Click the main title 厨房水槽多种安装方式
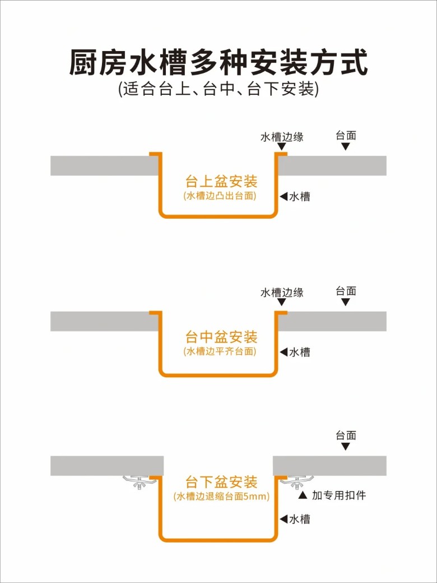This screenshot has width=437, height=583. coord(218,62)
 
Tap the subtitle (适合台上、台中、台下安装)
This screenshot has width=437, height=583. coord(218,90)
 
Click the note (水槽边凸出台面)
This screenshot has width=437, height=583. coord(219,196)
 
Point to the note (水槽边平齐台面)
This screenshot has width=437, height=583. coord(219,351)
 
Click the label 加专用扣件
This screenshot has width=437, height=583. coord(339,496)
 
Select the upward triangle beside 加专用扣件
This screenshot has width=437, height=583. coord(303,496)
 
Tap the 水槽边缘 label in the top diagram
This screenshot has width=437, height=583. coord(282,137)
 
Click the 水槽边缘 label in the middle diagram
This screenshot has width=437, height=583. coord(282,293)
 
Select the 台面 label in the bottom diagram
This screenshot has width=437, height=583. coord(346,436)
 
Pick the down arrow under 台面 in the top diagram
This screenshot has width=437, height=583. coord(346,146)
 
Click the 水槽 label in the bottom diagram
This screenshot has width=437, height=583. coord(299,519)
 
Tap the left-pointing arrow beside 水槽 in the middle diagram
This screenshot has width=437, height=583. coord(283,352)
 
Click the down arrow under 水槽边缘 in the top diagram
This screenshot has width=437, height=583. coord(282,147)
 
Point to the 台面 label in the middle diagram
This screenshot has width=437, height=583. coord(346,291)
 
